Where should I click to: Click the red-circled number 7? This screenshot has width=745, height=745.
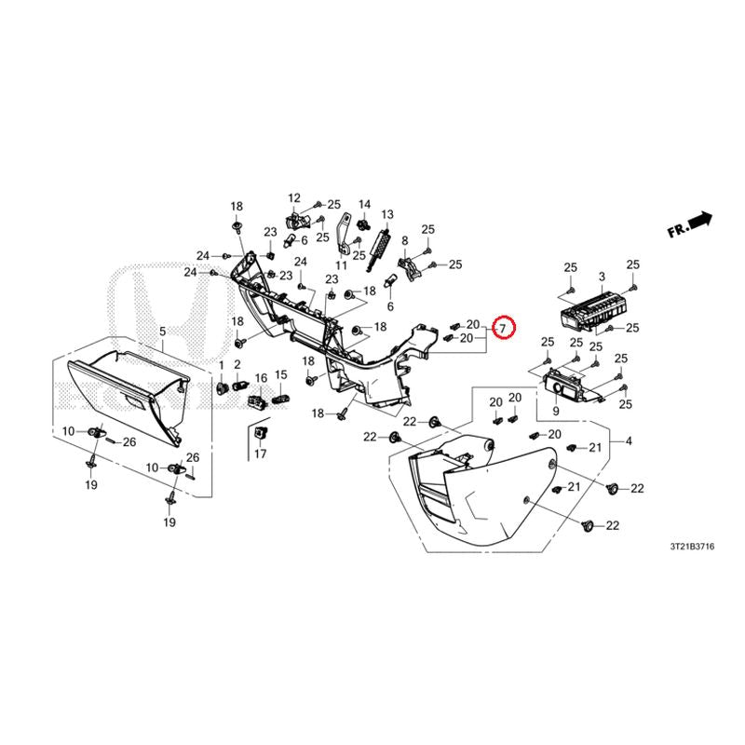pyautogui.click(x=503, y=328)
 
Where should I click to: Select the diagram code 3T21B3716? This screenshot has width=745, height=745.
pyautogui.click(x=692, y=547)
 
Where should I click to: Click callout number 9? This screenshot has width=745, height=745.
pyautogui.click(x=556, y=411)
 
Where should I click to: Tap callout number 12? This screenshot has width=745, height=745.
pyautogui.click(x=294, y=197)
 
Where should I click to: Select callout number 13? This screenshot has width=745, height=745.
pyautogui.click(x=387, y=214)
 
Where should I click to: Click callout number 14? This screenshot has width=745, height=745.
pyautogui.click(x=364, y=204)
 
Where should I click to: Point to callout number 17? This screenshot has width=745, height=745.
pyautogui.click(x=261, y=454)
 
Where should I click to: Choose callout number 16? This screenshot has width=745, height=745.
pyautogui.click(x=261, y=378)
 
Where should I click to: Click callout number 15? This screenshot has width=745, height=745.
pyautogui.click(x=281, y=375)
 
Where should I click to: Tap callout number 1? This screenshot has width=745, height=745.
pyautogui.click(x=221, y=365)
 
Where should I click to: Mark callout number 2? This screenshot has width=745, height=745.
pyautogui.click(x=237, y=364)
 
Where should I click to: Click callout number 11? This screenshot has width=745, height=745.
pyautogui.click(x=341, y=264)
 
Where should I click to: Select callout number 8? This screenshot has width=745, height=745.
pyautogui.click(x=405, y=241)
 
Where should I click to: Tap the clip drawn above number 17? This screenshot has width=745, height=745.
pyautogui.click(x=261, y=433)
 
